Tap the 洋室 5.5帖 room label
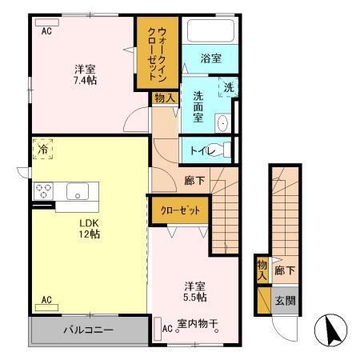tap(195, 290)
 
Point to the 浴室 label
tap(211, 58)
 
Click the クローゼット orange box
tap(181, 211)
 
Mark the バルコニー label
tap(87, 330)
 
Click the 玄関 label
tap(286, 301)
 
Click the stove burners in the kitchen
tap(43, 191)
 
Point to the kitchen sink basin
tap(79, 191)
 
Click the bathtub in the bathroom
tap(210, 30)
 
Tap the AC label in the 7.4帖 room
tap(46, 31)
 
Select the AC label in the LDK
tap(46, 301)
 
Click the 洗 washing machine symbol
tap(228, 86)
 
